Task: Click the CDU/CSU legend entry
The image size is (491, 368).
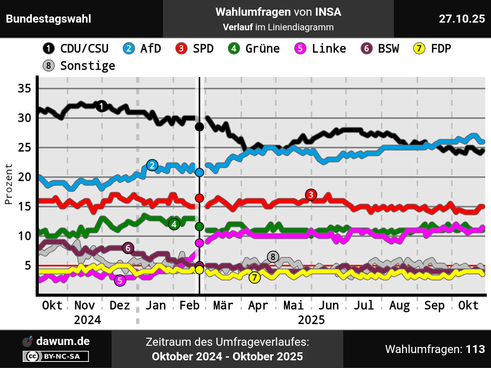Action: (x=76, y=49)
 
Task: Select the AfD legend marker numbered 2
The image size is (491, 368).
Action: (x=129, y=49)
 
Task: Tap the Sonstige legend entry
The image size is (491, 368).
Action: (x=79, y=66)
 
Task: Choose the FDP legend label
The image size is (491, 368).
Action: (x=441, y=49)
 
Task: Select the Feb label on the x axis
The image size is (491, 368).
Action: (x=189, y=306)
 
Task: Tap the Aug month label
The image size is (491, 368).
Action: (x=399, y=306)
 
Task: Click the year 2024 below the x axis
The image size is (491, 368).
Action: (x=87, y=320)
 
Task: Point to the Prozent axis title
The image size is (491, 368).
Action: (x=8, y=184)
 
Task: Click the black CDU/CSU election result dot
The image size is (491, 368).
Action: (x=199, y=127)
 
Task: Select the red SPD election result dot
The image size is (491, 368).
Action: (x=199, y=198)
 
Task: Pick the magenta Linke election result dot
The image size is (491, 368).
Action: (x=199, y=243)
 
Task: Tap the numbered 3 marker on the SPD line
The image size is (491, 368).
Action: (x=311, y=195)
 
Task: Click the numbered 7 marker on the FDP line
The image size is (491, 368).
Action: (x=255, y=278)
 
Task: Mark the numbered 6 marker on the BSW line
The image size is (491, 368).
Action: (x=128, y=248)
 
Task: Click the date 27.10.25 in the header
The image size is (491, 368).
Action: (x=462, y=19)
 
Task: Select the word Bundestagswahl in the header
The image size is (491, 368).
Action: (x=49, y=19)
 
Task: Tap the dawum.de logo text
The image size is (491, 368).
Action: (x=63, y=341)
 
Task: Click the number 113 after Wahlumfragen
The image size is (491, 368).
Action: (x=475, y=349)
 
